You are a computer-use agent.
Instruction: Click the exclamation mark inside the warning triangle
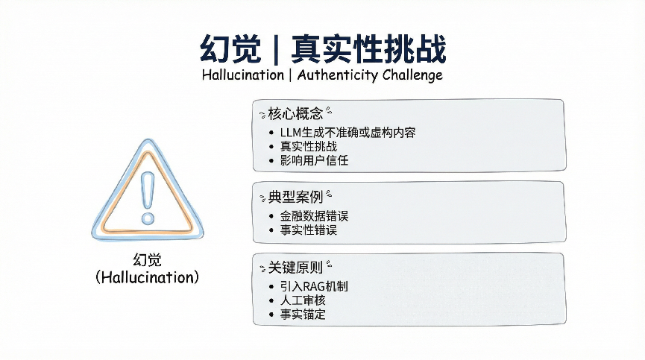pyautogui.click(x=147, y=198)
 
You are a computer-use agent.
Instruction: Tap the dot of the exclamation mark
pyautogui.click(x=148, y=218)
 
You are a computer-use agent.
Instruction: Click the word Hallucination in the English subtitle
pyautogui.click(x=243, y=75)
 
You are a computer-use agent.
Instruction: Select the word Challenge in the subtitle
pyautogui.click(x=412, y=75)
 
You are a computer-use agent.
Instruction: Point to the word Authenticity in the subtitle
pyautogui.click(x=337, y=75)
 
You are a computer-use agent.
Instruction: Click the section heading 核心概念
pyautogui.click(x=295, y=113)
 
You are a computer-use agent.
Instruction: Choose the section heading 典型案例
pyautogui.click(x=295, y=197)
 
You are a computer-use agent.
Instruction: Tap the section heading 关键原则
pyautogui.click(x=295, y=268)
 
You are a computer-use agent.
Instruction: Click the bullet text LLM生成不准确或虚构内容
pyautogui.click(x=348, y=133)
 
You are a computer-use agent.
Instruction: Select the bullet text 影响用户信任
pyautogui.click(x=314, y=160)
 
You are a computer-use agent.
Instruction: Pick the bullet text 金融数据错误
pyautogui.click(x=314, y=215)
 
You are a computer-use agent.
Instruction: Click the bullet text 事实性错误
pyautogui.click(x=309, y=230)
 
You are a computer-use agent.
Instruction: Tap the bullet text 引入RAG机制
pyautogui.click(x=314, y=286)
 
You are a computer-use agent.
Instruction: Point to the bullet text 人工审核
pyautogui.click(x=303, y=300)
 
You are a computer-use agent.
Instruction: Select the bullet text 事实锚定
pyautogui.click(x=303, y=315)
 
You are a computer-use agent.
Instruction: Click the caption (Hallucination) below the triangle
pyautogui.click(x=147, y=277)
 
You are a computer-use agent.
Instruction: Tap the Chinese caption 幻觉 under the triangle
pyautogui.click(x=147, y=259)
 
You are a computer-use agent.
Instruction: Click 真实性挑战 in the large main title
pyautogui.click(x=368, y=49)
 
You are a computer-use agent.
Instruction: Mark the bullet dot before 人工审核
pyautogui.click(x=271, y=301)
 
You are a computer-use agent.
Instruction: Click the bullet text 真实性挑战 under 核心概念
pyautogui.click(x=309, y=146)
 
